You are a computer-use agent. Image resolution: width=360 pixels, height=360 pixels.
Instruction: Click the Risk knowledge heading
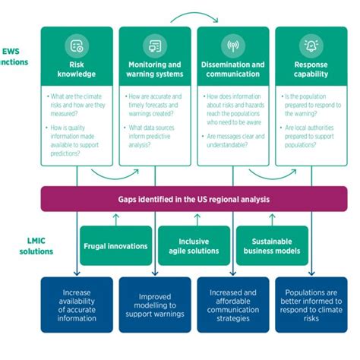77,70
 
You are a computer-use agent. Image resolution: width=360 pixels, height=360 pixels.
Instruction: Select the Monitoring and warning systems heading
156,70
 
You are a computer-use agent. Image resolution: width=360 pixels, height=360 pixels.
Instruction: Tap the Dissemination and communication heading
234,70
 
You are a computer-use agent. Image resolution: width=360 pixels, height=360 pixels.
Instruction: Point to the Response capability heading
311,70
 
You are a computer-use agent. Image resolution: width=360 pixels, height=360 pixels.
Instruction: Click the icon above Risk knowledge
77,46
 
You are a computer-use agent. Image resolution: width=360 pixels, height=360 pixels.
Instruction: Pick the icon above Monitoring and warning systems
156,46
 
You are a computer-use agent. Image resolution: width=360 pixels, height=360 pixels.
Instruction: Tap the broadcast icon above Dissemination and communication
234,46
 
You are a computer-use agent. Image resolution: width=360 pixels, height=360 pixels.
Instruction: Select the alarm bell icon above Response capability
311,46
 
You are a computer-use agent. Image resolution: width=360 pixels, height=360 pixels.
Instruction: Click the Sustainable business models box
271,247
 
